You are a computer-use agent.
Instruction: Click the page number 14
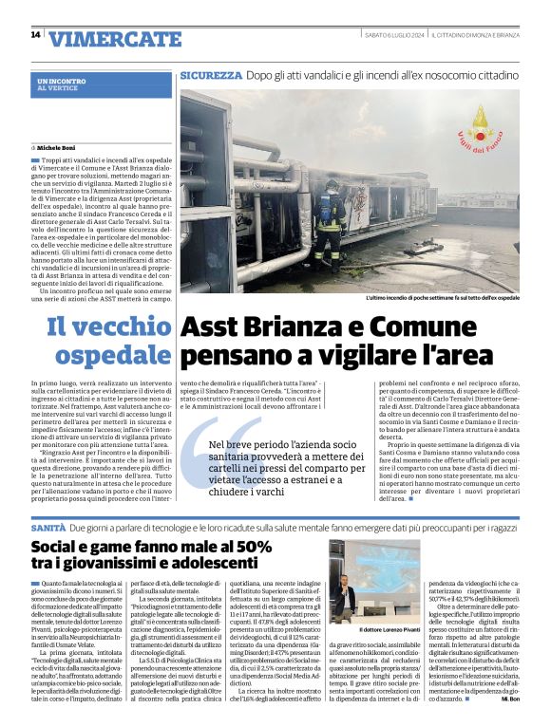coord(35,35)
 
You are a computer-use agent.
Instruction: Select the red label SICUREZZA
coord(211,74)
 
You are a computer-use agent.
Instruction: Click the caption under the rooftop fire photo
coord(443,298)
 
